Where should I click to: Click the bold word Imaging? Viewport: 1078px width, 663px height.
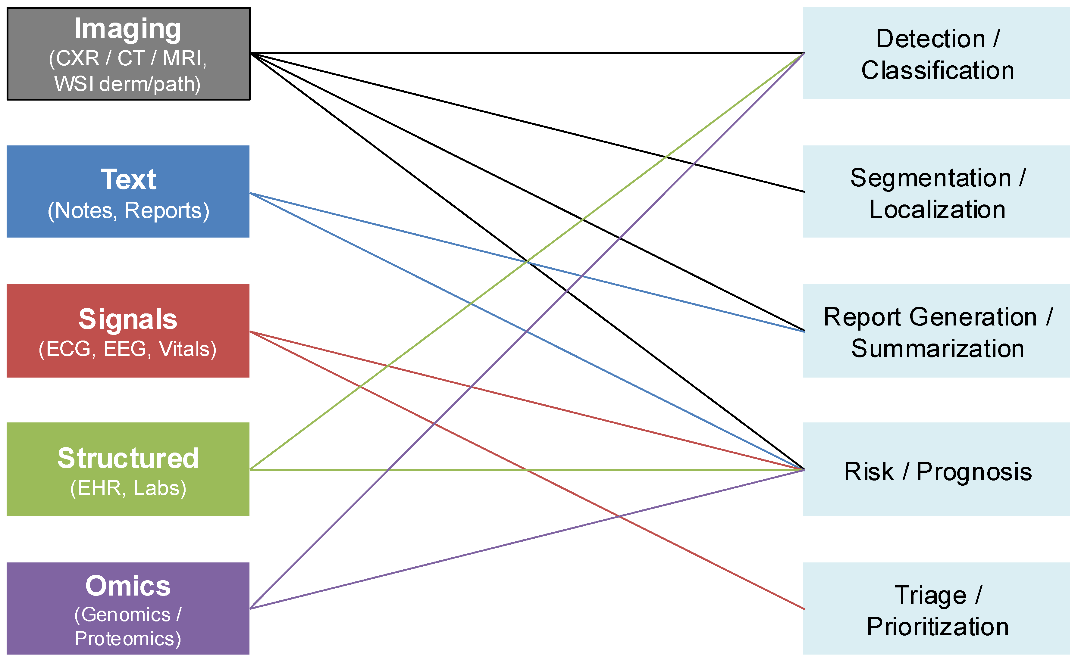128,29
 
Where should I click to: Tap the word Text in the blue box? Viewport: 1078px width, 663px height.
128,179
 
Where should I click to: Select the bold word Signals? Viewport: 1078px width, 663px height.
128,319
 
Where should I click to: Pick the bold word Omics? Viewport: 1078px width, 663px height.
128,586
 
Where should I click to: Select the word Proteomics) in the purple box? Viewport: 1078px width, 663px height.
128,638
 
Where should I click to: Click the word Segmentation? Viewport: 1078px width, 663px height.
930,178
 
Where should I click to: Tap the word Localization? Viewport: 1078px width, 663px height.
937,210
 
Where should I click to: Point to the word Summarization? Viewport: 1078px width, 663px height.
937,349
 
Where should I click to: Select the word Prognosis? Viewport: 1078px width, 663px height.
974,472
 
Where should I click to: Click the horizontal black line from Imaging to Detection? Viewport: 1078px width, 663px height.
526,53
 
